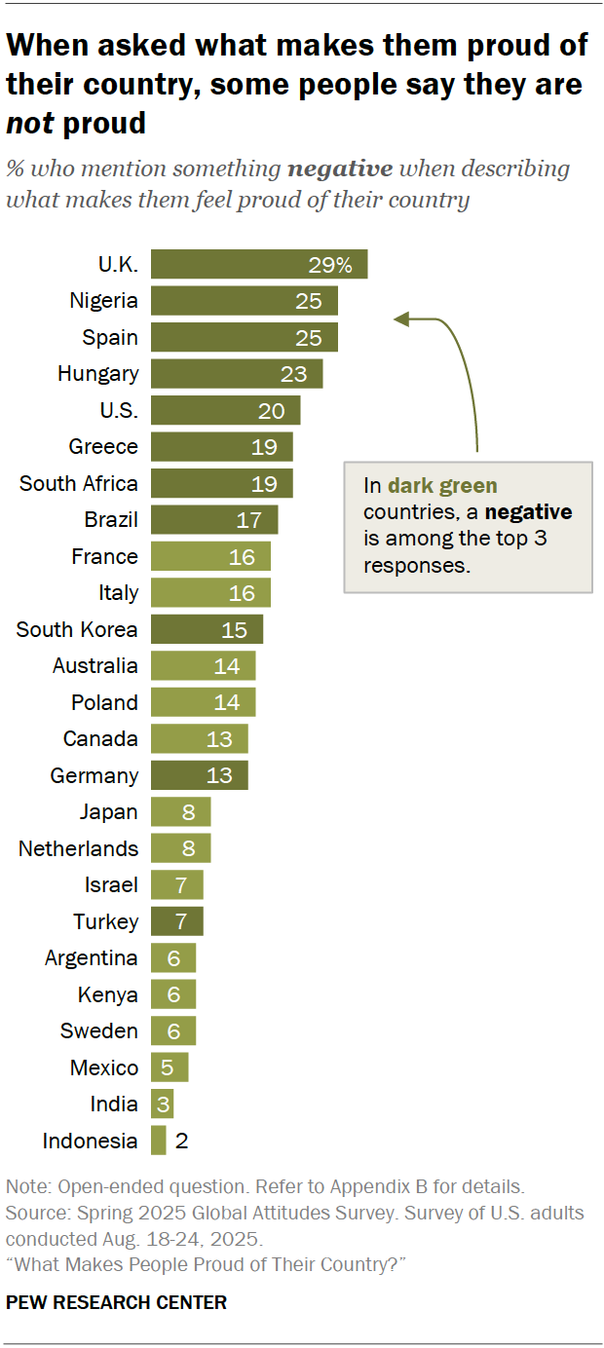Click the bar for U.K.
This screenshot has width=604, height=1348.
point(258,264)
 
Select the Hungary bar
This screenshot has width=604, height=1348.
point(236,374)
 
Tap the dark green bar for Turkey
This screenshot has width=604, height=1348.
point(176,921)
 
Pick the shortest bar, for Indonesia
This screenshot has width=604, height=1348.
point(159,1141)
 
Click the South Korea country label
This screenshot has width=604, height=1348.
point(77,629)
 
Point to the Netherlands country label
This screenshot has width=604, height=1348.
point(78,848)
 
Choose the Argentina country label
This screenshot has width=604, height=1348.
point(91,958)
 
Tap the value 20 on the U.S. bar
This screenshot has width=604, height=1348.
point(271,411)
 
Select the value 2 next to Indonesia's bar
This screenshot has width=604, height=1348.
point(181,1141)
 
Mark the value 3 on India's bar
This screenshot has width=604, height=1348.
point(163,1105)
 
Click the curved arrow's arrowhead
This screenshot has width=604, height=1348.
point(397,318)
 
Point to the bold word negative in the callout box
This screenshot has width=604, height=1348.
point(529,512)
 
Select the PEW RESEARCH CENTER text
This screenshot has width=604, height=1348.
point(116,1302)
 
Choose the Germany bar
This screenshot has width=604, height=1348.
point(199,775)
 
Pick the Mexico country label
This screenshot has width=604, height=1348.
point(104,1067)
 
